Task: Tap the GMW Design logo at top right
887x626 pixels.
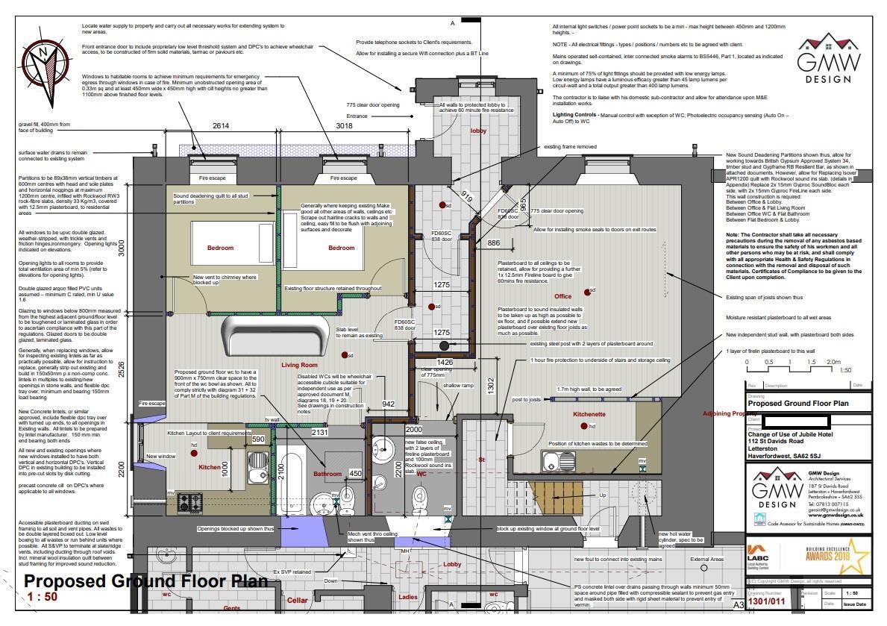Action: pos(828,60)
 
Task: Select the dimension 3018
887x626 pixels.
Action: pos(342,127)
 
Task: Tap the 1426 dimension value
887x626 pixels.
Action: pos(445,362)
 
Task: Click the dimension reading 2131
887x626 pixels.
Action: pos(319,432)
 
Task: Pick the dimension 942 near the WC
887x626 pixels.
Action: pos(388,404)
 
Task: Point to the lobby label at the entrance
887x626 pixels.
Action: pos(478,131)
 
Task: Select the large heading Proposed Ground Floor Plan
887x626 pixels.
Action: pos(145,580)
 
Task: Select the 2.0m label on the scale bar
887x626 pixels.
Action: pos(833,362)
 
